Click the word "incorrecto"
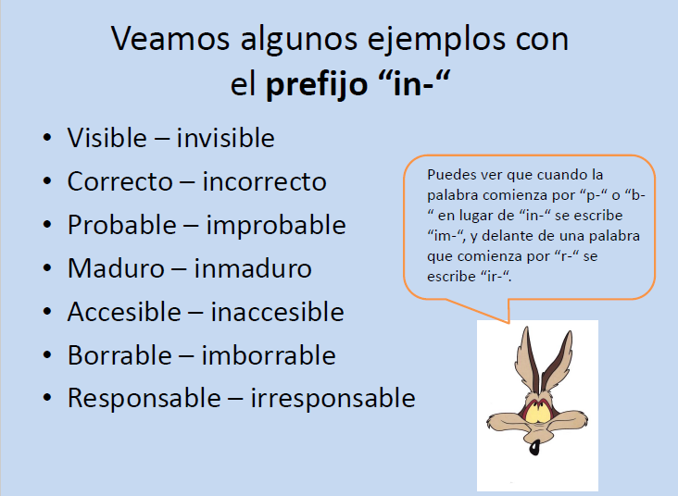click(x=264, y=181)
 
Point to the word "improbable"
click(x=276, y=225)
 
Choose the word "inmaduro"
click(x=253, y=268)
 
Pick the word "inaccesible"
click(x=277, y=312)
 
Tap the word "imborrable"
click(x=269, y=355)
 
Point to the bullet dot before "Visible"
click(x=47, y=139)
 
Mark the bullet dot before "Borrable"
click(x=47, y=356)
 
